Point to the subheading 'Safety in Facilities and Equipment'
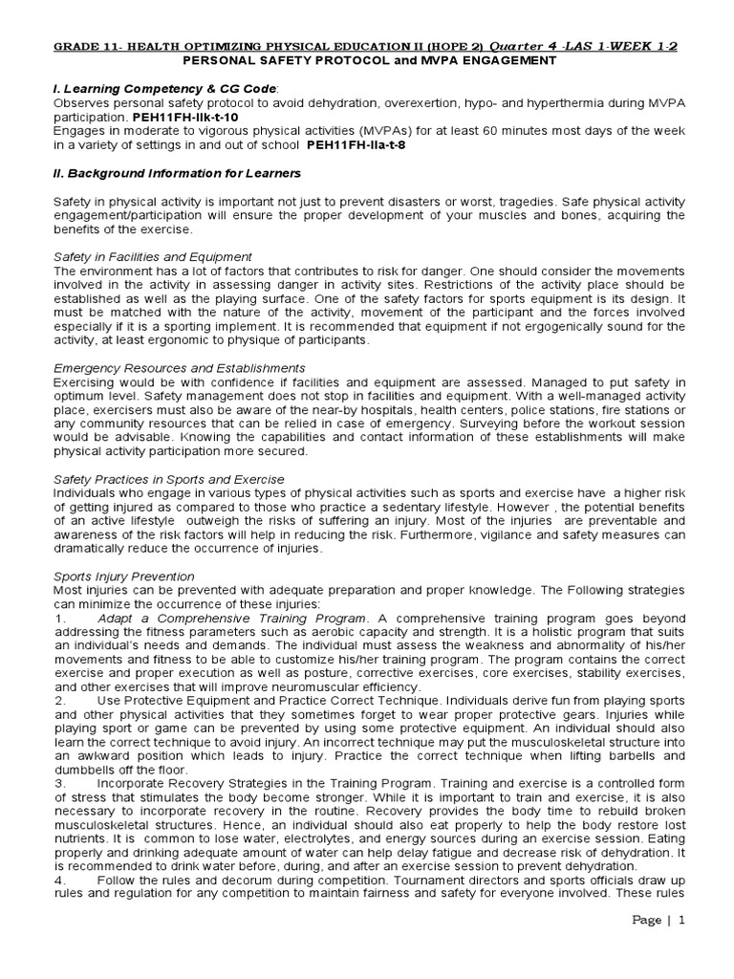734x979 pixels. (153, 256)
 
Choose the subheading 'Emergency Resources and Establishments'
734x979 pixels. (180, 367)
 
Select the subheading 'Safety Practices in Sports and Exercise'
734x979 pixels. (169, 478)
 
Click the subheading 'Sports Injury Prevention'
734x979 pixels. (124, 577)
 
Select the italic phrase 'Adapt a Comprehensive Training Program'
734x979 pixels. (232, 618)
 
